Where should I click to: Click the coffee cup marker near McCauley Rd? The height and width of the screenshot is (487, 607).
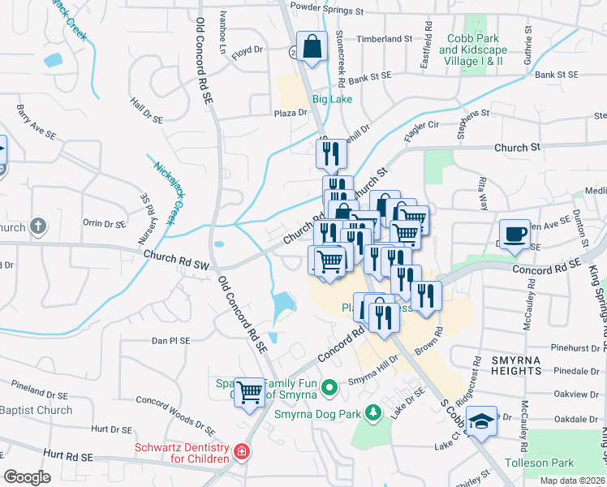pyautogui.click(x=514, y=235)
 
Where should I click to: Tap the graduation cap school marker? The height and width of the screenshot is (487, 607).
pyautogui.click(x=481, y=421)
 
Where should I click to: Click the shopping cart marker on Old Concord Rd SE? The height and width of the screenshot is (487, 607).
pyautogui.click(x=249, y=392)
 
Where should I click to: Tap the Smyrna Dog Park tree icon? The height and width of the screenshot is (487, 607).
pyautogui.click(x=372, y=413)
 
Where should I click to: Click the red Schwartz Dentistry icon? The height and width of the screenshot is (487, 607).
pyautogui.click(x=241, y=450)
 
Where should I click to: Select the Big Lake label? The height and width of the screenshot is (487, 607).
pyautogui.click(x=333, y=100)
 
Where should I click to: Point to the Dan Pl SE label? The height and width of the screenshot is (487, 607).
pyautogui.click(x=170, y=341)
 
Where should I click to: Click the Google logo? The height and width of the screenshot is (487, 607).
pyautogui.click(x=28, y=476)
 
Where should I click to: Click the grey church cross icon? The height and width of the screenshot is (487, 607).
pyautogui.click(x=38, y=227)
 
